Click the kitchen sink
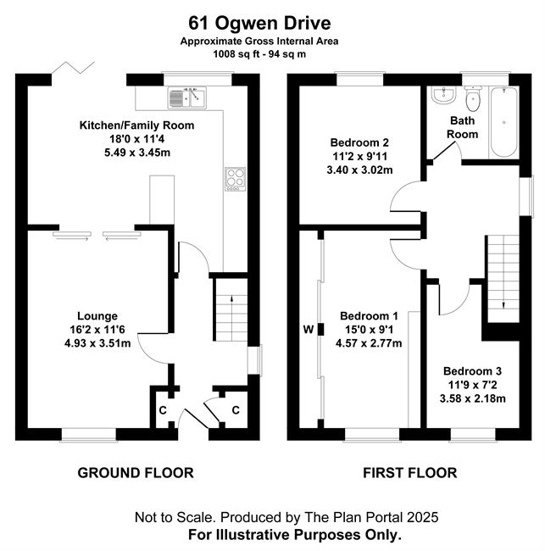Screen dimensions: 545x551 click(x=187, y=97)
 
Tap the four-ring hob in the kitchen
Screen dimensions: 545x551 click(x=235, y=179)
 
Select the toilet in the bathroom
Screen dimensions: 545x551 click(x=473, y=98)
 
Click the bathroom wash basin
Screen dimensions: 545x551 click(x=443, y=95)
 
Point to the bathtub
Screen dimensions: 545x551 click(x=503, y=122)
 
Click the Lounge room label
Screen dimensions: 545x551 click(x=97, y=316)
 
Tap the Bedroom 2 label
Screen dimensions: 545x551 click(x=359, y=142)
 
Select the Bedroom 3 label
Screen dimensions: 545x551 click(x=472, y=370)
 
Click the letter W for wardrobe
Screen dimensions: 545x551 click(x=309, y=329)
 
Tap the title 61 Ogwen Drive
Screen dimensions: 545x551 click(x=259, y=23)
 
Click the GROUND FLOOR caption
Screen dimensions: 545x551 click(x=136, y=473)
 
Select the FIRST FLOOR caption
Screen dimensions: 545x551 click(x=409, y=473)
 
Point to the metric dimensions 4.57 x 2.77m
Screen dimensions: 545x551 click(x=369, y=343)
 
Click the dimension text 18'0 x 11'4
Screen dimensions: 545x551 click(x=136, y=139)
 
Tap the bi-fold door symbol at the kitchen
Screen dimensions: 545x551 click(x=73, y=68)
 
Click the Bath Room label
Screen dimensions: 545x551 click(x=462, y=127)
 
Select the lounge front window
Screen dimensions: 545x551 click(x=89, y=434)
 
